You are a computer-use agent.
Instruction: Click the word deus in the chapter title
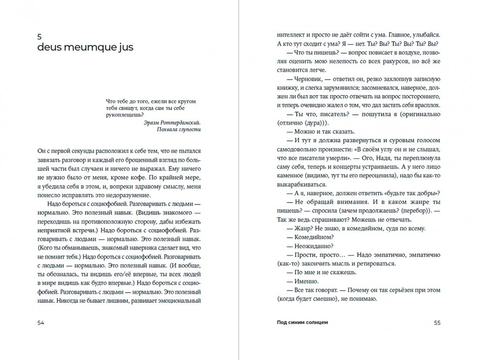click(x=51, y=48)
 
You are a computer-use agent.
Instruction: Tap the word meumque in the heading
click(x=92, y=48)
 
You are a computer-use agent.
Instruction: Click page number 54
click(x=41, y=322)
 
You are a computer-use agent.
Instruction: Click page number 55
click(x=437, y=322)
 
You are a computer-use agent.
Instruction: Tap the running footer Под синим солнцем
click(x=303, y=322)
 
